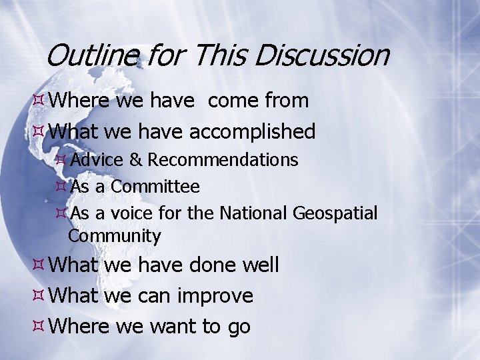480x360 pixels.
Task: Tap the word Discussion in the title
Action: click(322, 55)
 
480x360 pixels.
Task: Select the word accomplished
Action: click(253, 132)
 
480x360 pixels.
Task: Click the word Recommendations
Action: click(223, 160)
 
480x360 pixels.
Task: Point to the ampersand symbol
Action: click(135, 160)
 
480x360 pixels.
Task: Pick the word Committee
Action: click(155, 187)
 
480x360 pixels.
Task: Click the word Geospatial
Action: click(335, 213)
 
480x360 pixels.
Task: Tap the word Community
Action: click(115, 235)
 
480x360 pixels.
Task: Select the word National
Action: click(254, 213)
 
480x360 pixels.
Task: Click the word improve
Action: click(215, 295)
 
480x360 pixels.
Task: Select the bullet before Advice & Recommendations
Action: click(61, 160)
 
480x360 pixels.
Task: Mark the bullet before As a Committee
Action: click(61, 187)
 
